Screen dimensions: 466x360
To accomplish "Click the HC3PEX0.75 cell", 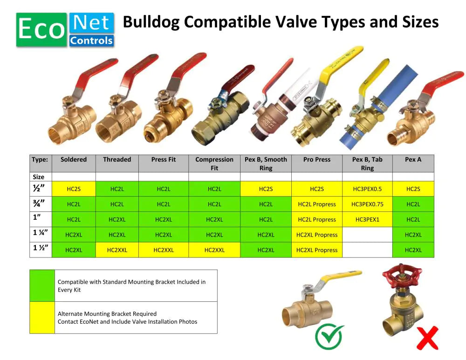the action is click(x=367, y=204).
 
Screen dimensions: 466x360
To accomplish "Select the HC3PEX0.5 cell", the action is click(x=367, y=189).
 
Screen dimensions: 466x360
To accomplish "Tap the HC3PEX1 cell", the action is click(x=367, y=219).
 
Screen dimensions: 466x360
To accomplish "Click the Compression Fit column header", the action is click(x=214, y=163).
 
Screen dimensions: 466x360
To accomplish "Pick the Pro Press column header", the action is click(x=317, y=163).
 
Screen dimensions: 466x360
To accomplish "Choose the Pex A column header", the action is click(x=413, y=163).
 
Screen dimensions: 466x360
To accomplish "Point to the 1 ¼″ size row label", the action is click(x=41, y=235).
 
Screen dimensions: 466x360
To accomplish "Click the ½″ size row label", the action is click(x=41, y=189).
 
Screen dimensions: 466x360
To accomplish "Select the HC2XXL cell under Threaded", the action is click(x=117, y=250).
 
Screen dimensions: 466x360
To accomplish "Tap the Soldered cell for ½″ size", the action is click(x=74, y=189).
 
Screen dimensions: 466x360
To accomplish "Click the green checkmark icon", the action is click(x=329, y=337).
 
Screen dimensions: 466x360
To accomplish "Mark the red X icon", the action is click(x=427, y=338).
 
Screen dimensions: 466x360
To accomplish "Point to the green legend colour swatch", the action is click(x=42, y=286).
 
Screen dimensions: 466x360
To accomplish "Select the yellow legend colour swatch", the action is click(x=42, y=318).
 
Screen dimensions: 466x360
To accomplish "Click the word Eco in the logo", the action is click(x=41, y=29).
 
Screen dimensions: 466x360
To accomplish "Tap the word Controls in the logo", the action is click(x=91, y=41).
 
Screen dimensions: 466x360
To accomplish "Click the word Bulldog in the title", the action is click(x=151, y=22).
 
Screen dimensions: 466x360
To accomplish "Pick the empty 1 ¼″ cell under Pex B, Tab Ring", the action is click(x=367, y=235).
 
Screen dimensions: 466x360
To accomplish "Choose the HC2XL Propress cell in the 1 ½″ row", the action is click(x=317, y=250).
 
